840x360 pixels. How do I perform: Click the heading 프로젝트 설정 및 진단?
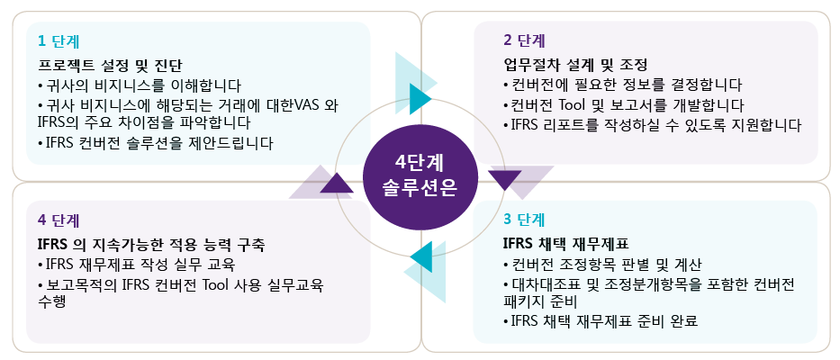point(111,66)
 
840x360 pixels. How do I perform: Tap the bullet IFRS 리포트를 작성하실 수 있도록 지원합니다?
point(652,124)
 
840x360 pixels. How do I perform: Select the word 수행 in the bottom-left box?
point(52,303)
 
